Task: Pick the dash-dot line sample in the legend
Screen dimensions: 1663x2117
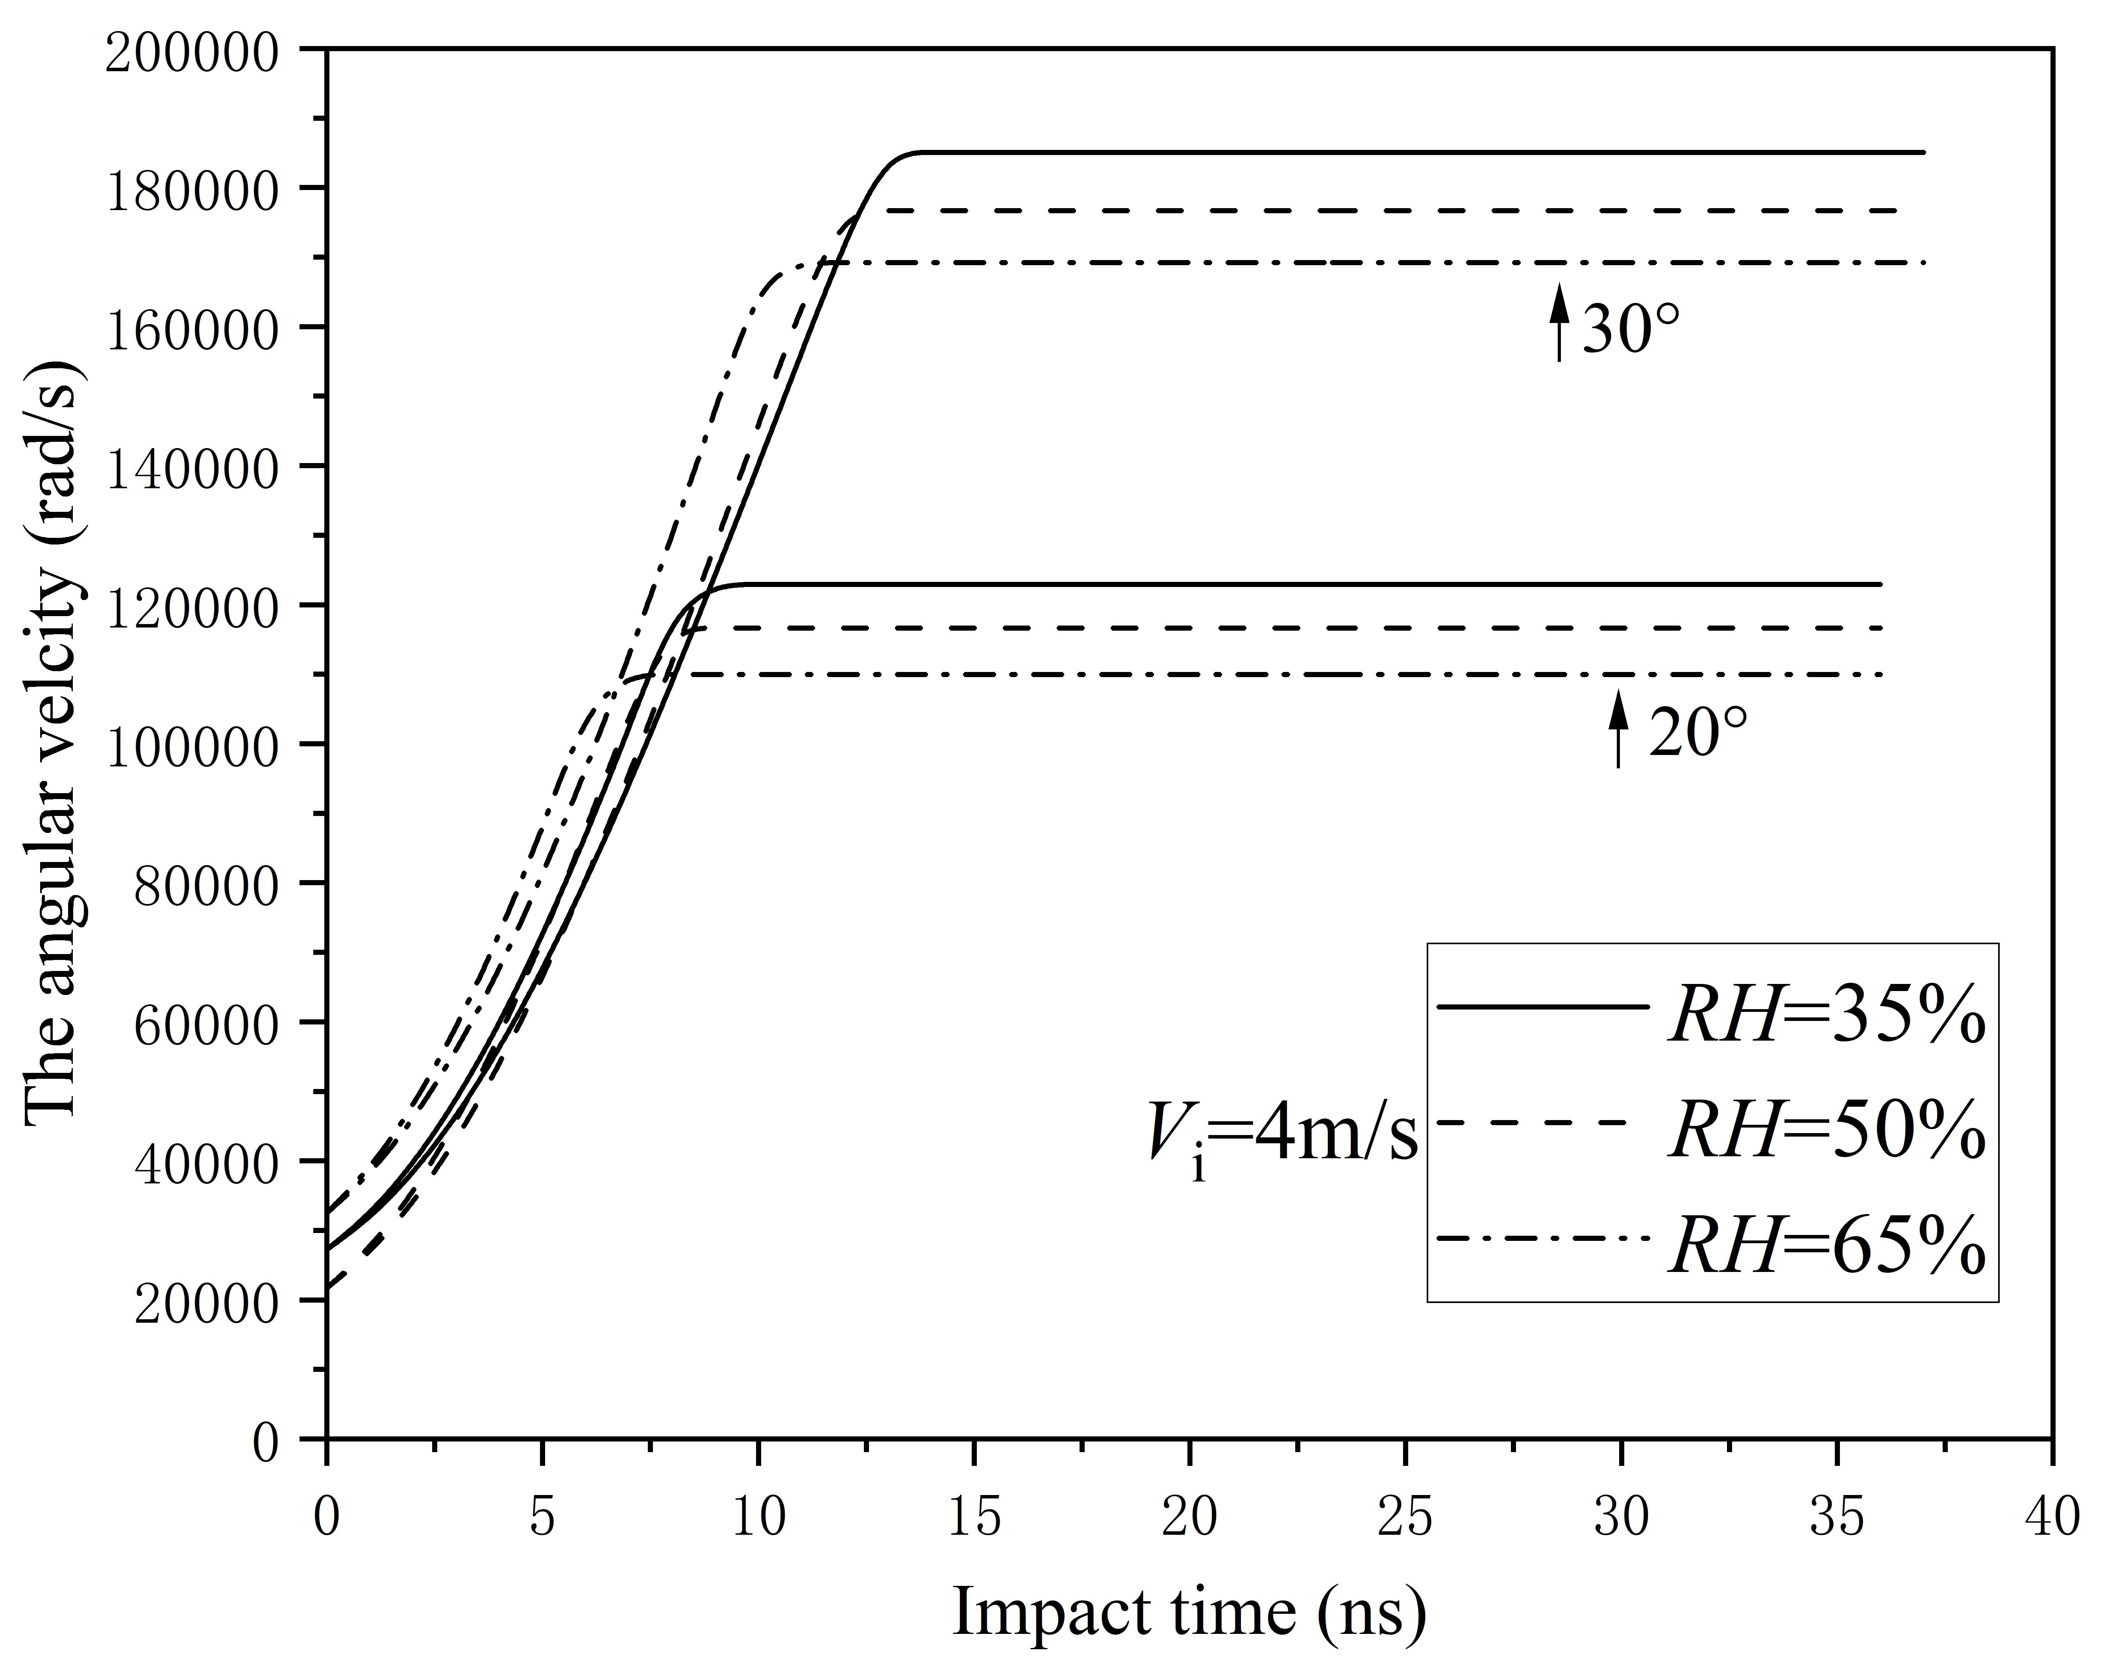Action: [1544, 1238]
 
